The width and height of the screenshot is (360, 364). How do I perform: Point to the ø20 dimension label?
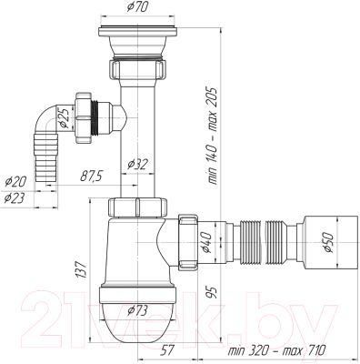click(15, 179)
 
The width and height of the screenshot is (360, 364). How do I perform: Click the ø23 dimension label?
click(15, 197)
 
